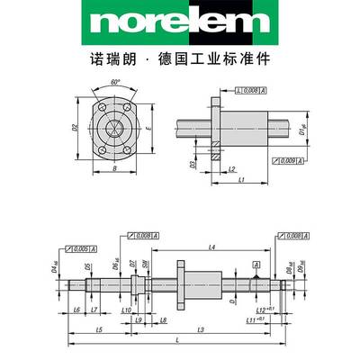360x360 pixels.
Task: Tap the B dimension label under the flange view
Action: [x=115, y=167]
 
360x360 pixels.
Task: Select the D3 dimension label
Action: [x=192, y=164]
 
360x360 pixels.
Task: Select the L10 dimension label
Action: [x=124, y=309]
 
